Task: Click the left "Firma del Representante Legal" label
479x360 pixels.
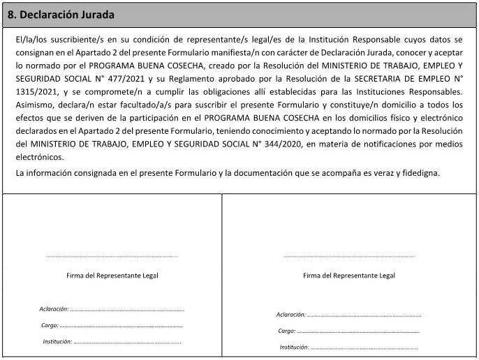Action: tap(112, 276)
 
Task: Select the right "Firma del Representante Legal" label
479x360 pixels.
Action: tap(349, 276)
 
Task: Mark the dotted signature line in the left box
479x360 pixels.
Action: tap(112, 257)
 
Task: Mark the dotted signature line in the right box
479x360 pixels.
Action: tap(349, 257)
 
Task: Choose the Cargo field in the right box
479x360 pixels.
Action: tap(358, 331)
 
